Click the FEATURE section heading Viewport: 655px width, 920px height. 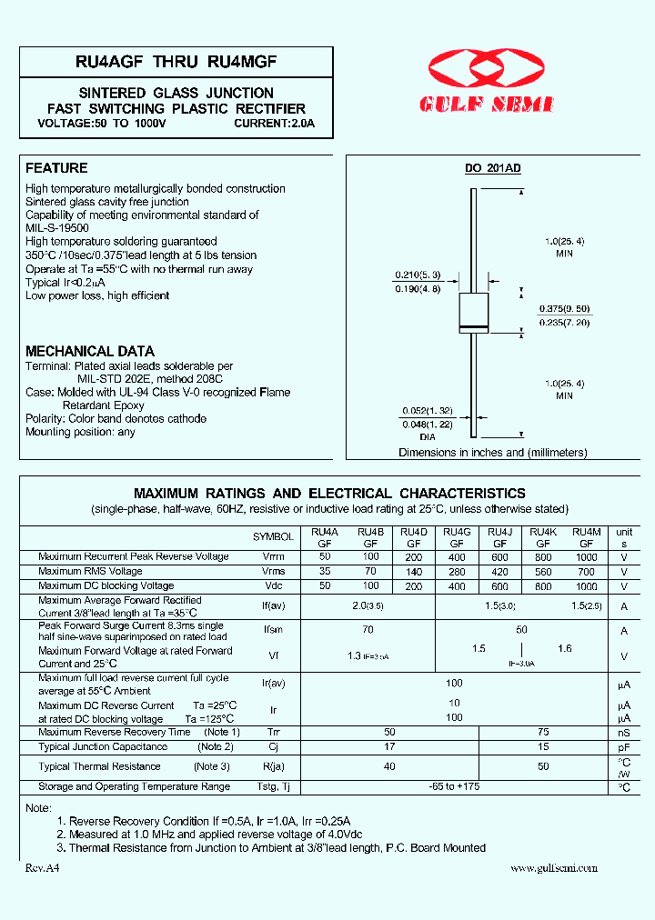pyautogui.click(x=56, y=168)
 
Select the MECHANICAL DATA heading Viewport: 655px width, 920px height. pyautogui.click(x=89, y=351)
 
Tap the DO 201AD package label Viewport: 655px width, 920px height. pyautogui.click(x=492, y=169)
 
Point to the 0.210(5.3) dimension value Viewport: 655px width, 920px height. pyautogui.click(x=418, y=275)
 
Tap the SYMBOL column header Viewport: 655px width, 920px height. pyautogui.click(x=273, y=537)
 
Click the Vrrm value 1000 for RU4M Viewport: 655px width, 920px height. pyautogui.click(x=587, y=556)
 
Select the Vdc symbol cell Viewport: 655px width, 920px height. pyautogui.click(x=273, y=586)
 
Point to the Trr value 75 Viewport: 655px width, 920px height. pyautogui.click(x=543, y=732)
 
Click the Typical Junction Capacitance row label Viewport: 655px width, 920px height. pyautogui.click(x=103, y=746)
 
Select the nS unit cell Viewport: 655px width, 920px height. pyautogui.click(x=624, y=732)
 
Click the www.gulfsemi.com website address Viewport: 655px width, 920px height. pyautogui.click(x=553, y=868)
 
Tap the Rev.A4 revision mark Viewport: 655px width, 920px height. pyautogui.click(x=43, y=868)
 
